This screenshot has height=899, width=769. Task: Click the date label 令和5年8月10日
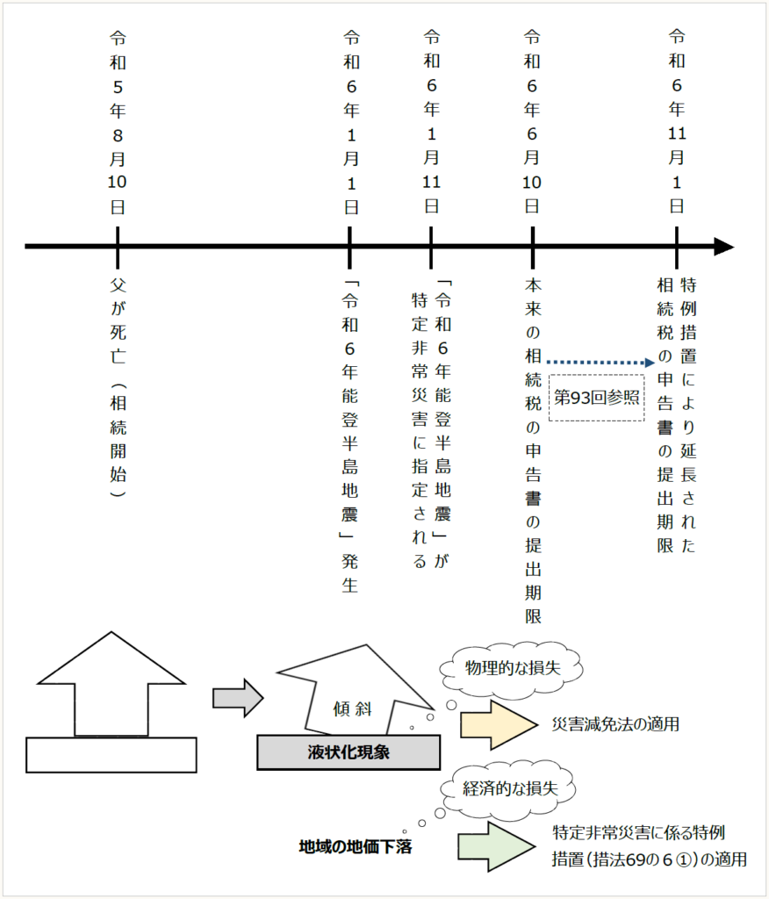117,122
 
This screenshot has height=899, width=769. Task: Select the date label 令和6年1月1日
350,122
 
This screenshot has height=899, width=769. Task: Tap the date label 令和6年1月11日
431,122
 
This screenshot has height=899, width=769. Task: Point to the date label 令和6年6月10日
532,122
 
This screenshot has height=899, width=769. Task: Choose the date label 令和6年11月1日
677,122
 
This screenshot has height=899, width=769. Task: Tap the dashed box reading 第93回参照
596,396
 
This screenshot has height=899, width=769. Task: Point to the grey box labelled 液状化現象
349,752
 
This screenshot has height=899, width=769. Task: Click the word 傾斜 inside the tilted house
354,708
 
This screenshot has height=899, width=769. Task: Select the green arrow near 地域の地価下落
496,846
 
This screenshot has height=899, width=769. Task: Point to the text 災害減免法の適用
615,725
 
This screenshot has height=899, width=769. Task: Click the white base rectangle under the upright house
111,755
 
